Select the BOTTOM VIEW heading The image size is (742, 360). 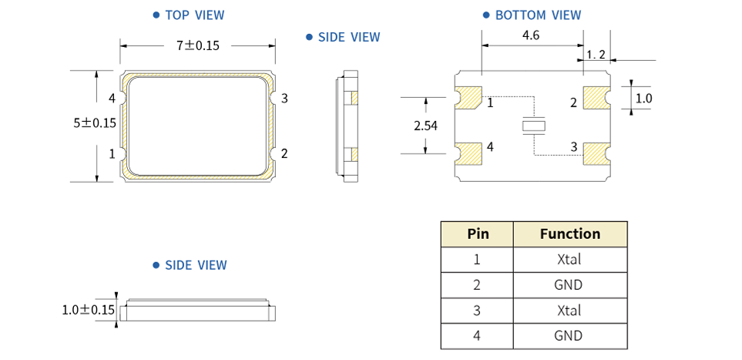[537, 15]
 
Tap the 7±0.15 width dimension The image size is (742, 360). [198, 45]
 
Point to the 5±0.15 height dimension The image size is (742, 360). [94, 123]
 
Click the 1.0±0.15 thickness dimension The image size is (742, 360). [88, 310]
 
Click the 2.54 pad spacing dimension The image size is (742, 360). [425, 126]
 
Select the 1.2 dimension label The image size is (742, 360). [596, 55]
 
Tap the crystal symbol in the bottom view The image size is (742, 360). [533, 125]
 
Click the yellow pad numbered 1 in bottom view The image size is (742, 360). [469, 99]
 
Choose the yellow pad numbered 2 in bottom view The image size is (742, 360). [596, 99]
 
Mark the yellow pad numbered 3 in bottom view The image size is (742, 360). [596, 153]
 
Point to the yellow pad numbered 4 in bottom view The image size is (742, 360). [469, 153]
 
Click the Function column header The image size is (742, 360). [569, 234]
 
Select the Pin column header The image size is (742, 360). [477, 234]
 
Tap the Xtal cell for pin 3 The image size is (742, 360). [569, 310]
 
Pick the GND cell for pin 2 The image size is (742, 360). [569, 284]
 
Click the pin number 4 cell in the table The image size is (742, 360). [477, 335]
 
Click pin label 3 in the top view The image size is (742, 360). [284, 98]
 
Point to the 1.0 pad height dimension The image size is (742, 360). [643, 99]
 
